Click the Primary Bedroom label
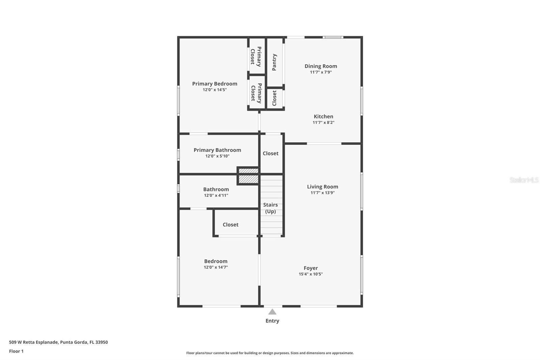point(215,84)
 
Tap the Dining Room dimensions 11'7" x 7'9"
point(321,72)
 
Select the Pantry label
point(274,62)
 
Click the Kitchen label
point(323,117)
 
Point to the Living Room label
point(322,187)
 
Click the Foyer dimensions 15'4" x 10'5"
point(310,274)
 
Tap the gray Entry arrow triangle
point(272,312)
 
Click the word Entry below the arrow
point(272,321)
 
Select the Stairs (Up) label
point(270,208)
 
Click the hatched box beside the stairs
point(248,176)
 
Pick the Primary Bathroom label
point(217,150)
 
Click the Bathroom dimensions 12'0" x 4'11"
point(216,196)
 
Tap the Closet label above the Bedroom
point(231,225)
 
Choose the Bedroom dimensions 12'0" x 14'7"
point(216,267)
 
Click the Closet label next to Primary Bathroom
point(271,153)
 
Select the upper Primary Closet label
point(256,56)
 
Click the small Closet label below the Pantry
point(274,98)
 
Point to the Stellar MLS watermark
point(524,180)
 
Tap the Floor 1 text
point(16,351)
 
